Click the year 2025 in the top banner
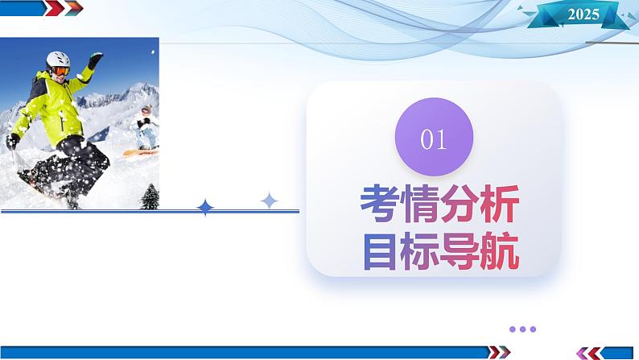click(x=583, y=14)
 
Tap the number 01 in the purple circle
click(x=433, y=139)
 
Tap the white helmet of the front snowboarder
click(x=58, y=59)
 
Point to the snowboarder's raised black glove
click(x=95, y=60)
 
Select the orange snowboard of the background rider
click(x=142, y=151)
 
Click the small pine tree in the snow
click(x=150, y=197)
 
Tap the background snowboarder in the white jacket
click(x=144, y=129)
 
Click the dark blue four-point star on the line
click(x=206, y=208)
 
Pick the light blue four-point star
click(x=270, y=201)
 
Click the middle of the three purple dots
click(x=523, y=329)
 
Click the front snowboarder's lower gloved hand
click(x=13, y=141)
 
